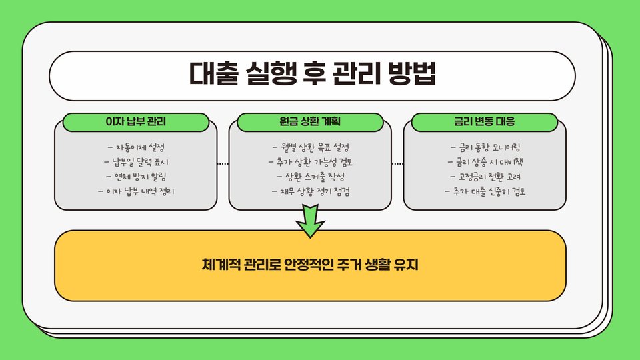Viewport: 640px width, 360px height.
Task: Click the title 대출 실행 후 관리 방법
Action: click(312, 74)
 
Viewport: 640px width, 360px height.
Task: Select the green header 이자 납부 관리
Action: click(135, 123)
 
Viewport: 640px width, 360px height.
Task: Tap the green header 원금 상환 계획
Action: click(311, 123)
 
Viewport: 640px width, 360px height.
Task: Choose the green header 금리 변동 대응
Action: click(484, 123)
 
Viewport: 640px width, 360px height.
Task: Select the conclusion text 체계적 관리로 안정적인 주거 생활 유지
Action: click(310, 265)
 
